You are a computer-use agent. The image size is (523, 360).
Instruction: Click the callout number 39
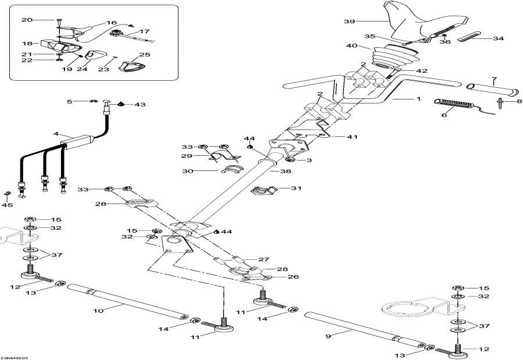tap(349, 22)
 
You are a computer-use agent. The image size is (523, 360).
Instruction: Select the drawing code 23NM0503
tap(14, 357)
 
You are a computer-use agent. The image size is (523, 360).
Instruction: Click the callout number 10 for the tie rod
tap(99, 311)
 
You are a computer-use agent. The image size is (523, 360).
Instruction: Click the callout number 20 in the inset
tap(27, 20)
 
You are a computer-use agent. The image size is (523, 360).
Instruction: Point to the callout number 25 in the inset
tap(145, 55)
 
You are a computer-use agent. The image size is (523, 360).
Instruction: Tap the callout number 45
tap(8, 205)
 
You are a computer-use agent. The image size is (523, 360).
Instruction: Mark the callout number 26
tap(293, 277)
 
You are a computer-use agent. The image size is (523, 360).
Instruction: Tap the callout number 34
tap(497, 40)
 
